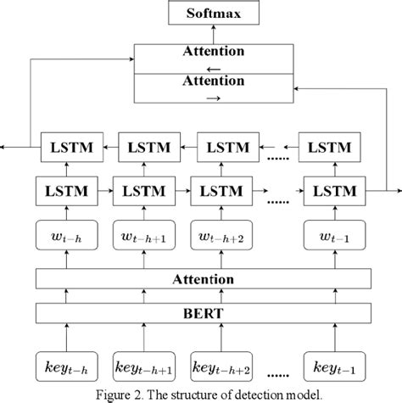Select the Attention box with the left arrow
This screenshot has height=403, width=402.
click(x=213, y=57)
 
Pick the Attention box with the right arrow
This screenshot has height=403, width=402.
click(x=213, y=86)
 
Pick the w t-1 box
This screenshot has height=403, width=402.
click(x=334, y=236)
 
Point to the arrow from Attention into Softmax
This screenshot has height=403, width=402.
click(x=213, y=32)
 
